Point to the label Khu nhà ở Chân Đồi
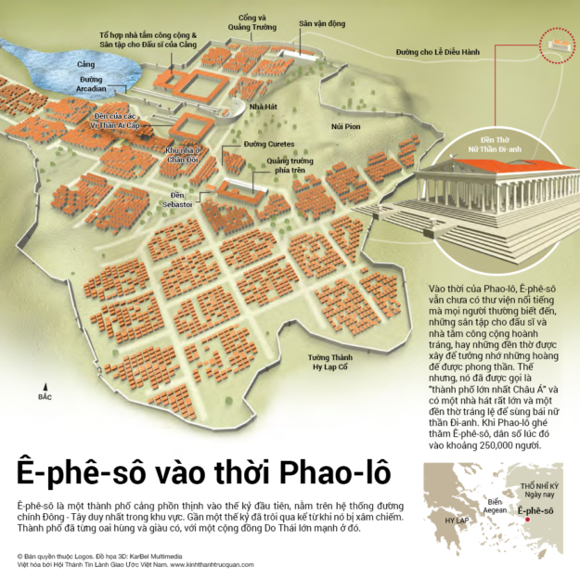coord(183,153)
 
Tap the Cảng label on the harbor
coord(86,64)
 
